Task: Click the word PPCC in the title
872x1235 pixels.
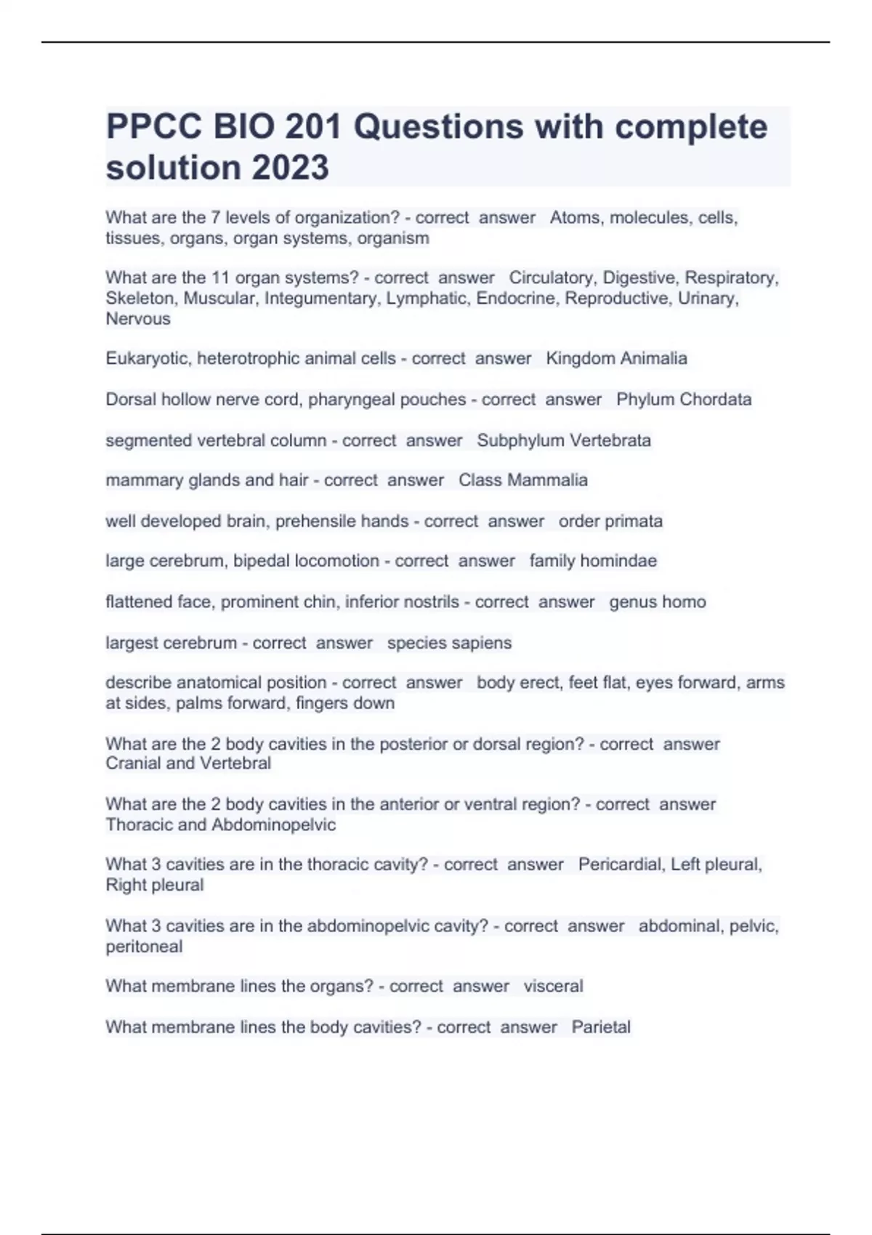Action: [x=153, y=127]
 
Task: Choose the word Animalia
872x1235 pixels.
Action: [x=651, y=358]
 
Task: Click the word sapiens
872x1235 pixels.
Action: [x=480, y=643]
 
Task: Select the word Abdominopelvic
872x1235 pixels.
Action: [x=274, y=825]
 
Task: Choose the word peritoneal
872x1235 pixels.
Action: [x=144, y=947]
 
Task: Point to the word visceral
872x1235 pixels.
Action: [x=553, y=986]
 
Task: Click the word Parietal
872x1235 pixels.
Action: [x=601, y=1027]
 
